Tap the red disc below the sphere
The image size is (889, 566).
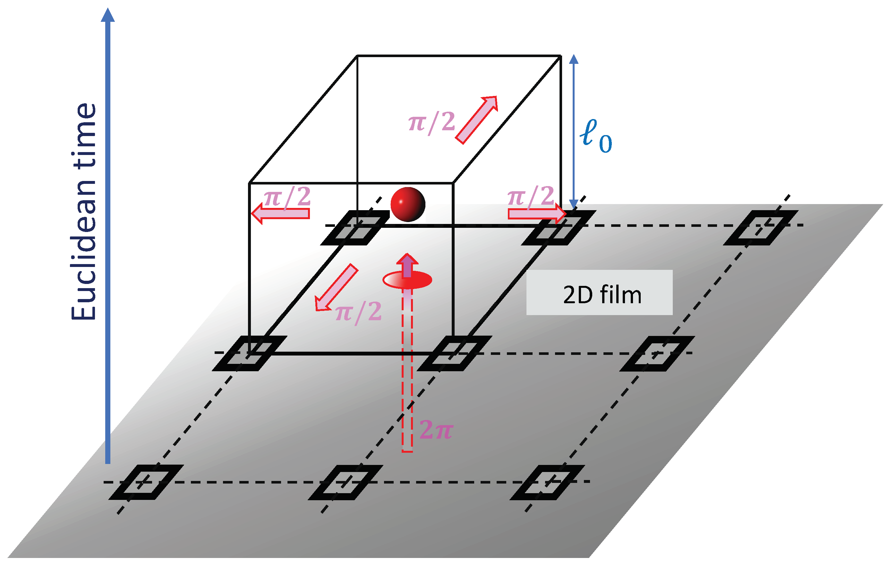[407, 280]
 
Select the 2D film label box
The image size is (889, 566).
[599, 292]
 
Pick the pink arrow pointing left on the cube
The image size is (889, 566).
[281, 213]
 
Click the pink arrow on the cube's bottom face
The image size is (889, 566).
[336, 287]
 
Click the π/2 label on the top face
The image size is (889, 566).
[432, 122]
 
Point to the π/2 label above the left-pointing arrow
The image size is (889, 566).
[287, 197]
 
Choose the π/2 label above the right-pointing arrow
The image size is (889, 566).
[531, 196]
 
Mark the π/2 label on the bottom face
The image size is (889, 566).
[358, 312]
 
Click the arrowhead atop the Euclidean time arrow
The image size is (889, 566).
[108, 15]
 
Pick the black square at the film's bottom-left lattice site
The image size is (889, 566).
[146, 482]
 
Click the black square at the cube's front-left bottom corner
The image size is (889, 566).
[250, 353]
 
